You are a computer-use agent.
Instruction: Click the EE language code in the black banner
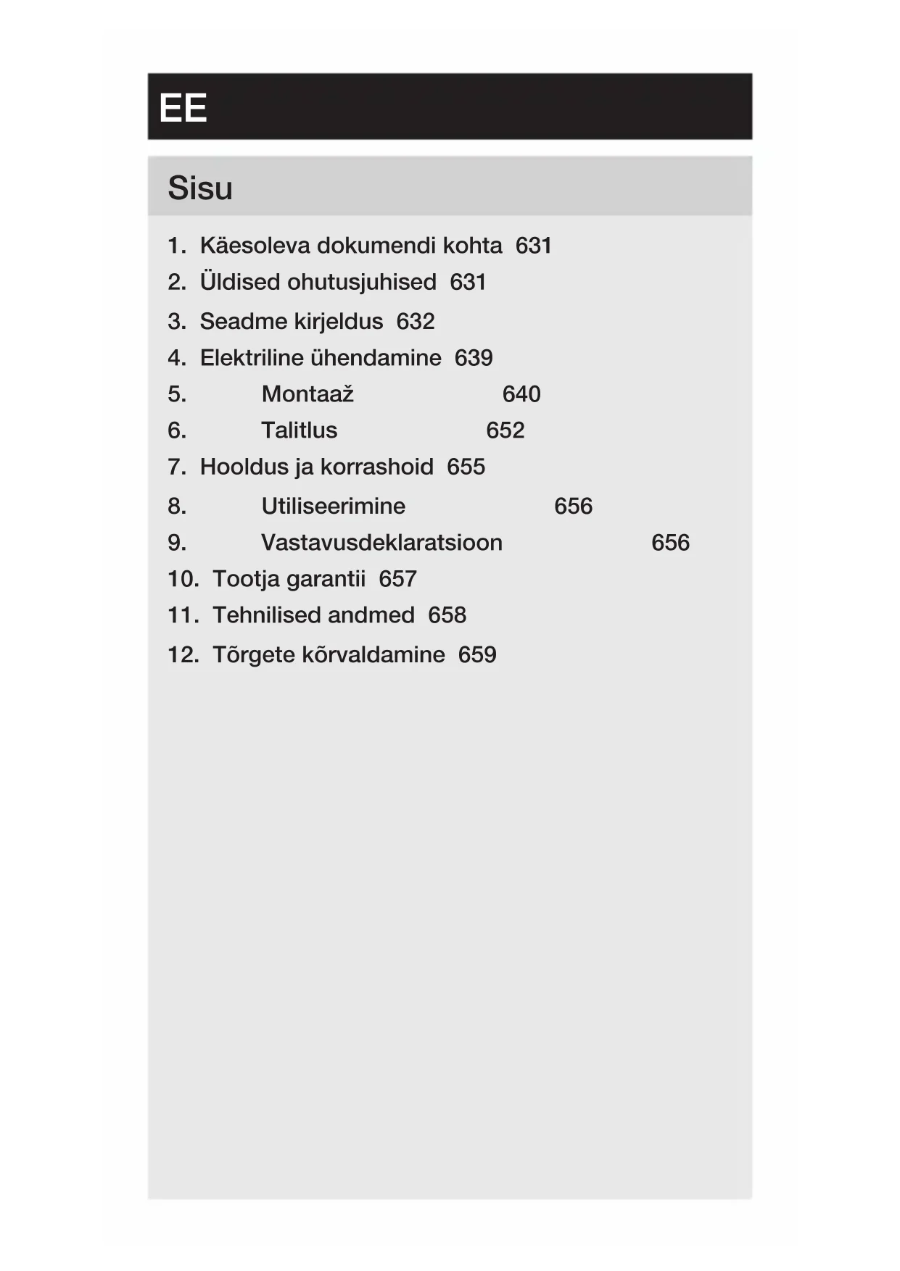click(x=183, y=109)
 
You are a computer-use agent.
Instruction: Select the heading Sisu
click(x=200, y=188)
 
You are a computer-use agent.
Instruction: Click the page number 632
click(x=416, y=321)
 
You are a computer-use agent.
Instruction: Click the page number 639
click(x=474, y=358)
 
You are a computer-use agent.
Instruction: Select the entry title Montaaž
click(x=307, y=394)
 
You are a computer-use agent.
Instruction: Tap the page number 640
click(x=521, y=394)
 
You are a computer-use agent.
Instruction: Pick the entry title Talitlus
click(x=300, y=430)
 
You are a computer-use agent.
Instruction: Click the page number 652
click(x=505, y=430)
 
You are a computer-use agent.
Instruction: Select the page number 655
click(x=466, y=467)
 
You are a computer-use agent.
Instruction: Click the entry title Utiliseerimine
click(x=334, y=506)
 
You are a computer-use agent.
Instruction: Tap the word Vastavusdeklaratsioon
click(x=381, y=543)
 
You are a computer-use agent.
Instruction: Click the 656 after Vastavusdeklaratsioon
click(x=670, y=543)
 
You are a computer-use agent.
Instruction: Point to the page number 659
click(x=477, y=654)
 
